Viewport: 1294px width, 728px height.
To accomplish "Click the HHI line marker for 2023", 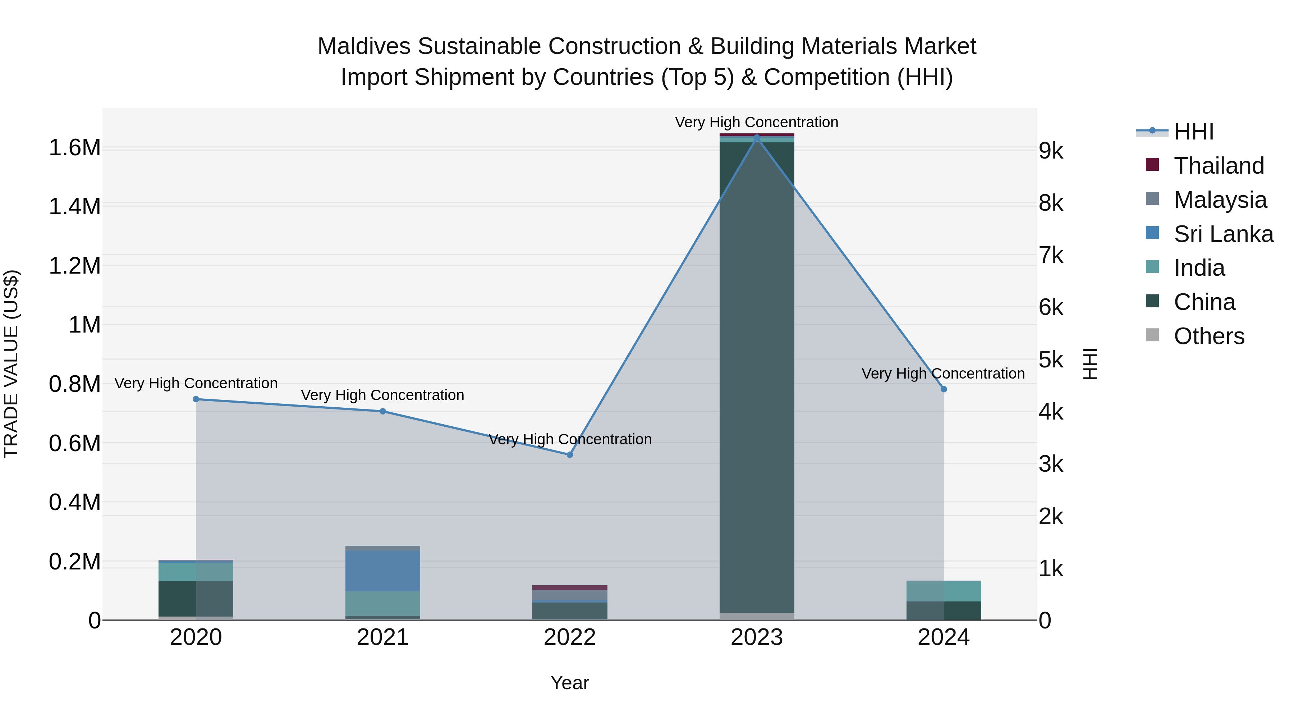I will (757, 137).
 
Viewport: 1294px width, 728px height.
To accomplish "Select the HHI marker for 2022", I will (570, 455).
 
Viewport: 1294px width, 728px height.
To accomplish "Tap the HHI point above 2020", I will (196, 399).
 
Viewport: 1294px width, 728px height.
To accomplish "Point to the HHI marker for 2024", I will (944, 389).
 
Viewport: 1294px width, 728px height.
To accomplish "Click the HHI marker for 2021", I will (383, 412).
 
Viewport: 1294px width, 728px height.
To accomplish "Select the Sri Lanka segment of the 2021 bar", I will (383, 571).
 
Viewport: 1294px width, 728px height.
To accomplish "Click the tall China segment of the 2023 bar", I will (757, 377).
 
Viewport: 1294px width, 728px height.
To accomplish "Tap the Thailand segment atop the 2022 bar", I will (570, 587).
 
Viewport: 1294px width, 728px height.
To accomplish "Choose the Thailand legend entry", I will (1218, 166).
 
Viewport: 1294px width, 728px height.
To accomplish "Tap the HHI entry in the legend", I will (1193, 132).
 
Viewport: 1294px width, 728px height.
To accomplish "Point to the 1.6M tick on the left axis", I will (74, 148).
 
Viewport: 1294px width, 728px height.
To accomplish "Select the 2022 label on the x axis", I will (570, 637).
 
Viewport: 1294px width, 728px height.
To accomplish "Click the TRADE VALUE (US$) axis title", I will (11, 364).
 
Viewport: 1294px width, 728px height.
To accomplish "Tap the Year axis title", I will (570, 683).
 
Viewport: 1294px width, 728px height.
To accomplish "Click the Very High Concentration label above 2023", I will (757, 122).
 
